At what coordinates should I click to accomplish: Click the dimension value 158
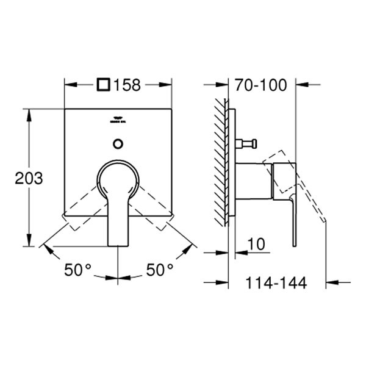coord(127,85)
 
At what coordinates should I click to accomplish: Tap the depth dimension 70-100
coord(261,85)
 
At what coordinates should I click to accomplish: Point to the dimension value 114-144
coord(277,282)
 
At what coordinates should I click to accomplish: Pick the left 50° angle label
coord(78,269)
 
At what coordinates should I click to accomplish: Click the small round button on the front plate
coord(118,145)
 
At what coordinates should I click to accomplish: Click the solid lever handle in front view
coord(118,201)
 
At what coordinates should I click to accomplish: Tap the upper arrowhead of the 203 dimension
coord(29,113)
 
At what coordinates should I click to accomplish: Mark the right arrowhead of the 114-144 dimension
coord(331,282)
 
